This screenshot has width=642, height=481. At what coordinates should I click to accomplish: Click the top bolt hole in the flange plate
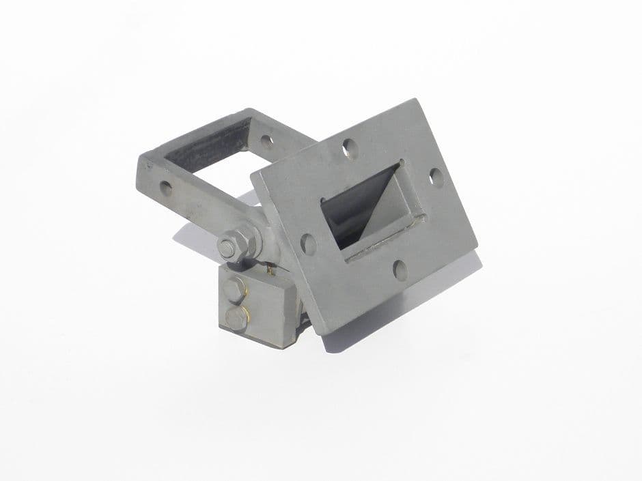(x=349, y=146)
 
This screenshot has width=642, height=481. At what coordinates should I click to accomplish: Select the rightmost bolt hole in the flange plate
(x=435, y=177)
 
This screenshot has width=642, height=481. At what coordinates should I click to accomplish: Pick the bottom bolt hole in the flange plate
(x=400, y=270)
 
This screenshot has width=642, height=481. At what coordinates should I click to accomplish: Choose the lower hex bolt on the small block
(x=236, y=317)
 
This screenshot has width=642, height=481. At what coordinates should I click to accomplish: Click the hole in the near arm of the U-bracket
(x=166, y=186)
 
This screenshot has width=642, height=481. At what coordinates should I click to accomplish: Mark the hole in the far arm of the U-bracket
(x=266, y=141)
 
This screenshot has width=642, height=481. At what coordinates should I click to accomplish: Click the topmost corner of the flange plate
(x=413, y=100)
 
